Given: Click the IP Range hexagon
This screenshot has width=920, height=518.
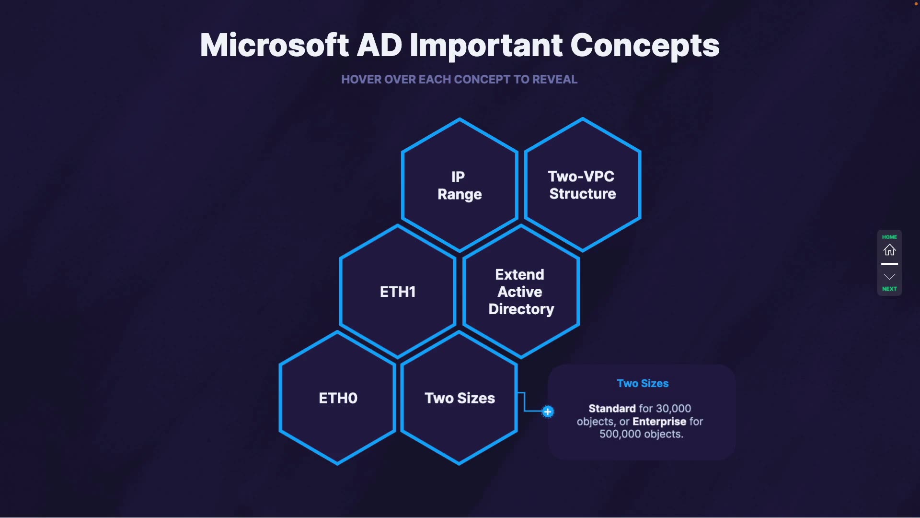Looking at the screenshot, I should click(459, 185).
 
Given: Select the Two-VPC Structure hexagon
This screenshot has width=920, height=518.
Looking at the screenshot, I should click(582, 185).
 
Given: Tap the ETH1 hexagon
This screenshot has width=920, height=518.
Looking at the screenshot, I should click(397, 292).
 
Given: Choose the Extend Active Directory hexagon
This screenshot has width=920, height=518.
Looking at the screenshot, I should click(521, 292).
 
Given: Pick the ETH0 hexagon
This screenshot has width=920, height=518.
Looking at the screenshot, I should click(338, 398).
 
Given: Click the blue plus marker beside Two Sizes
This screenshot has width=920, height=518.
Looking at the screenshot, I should click(548, 412).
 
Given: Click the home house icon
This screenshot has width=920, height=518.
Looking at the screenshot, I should click(889, 250).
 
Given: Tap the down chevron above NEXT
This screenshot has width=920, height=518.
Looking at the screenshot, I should click(889, 277).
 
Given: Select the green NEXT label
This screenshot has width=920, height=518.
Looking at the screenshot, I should click(889, 289).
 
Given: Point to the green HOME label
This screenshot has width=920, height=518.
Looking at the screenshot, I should click(889, 237).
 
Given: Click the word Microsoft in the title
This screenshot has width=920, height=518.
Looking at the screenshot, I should click(274, 46).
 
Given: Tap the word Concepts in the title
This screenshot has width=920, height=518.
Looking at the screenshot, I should click(644, 46).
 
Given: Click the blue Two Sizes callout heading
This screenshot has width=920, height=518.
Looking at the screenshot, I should click(643, 383).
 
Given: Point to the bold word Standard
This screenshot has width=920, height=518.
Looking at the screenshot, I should click(612, 409).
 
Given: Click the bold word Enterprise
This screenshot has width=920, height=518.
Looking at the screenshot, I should click(659, 422).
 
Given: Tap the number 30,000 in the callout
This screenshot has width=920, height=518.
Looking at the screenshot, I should click(673, 409).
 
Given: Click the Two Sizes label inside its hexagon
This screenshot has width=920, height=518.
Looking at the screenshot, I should click(460, 398).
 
